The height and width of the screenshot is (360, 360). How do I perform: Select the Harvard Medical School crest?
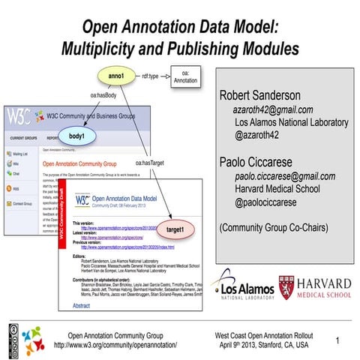[x=287, y=286]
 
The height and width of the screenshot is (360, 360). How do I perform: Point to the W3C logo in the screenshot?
[x=22, y=118]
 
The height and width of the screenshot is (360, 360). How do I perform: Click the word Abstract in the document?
[x=80, y=306]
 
